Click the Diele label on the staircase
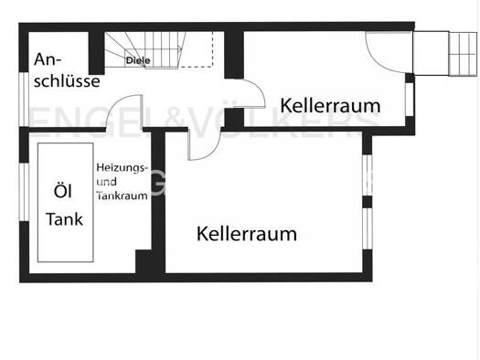pyautogui.click(x=138, y=60)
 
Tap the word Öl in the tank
pyautogui.click(x=63, y=191)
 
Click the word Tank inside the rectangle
pyautogui.click(x=64, y=219)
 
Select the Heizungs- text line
pyautogui.click(x=123, y=168)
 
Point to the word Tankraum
pyautogui.click(x=123, y=196)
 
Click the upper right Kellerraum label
pyautogui.click(x=330, y=105)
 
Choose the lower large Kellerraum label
pyautogui.click(x=247, y=234)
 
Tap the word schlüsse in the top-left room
pyautogui.click(x=67, y=81)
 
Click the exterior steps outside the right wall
pyautogui.click(x=463, y=54)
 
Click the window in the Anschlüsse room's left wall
pyautogui.click(x=24, y=99)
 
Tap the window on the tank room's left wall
pyautogui.click(x=24, y=192)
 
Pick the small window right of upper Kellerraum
pyautogui.click(x=410, y=99)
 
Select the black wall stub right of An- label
pyautogui.click(x=96, y=53)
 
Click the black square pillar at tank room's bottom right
pyautogui.click(x=144, y=261)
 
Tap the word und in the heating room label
pyautogui.click(x=107, y=182)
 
